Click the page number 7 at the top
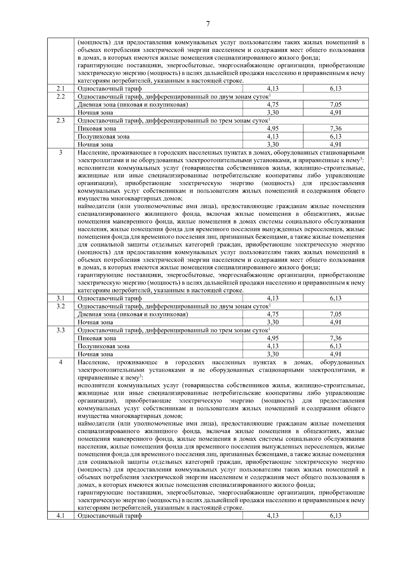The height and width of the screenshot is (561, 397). point(208,24)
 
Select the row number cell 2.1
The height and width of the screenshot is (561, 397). point(61,89)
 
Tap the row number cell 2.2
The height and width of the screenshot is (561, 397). point(61,96)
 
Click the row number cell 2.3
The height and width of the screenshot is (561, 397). point(61,121)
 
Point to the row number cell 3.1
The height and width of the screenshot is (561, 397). point(61,298)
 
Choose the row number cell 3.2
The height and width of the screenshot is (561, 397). point(61,306)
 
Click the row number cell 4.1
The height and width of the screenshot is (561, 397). point(61,516)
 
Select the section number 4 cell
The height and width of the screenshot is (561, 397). point(61,363)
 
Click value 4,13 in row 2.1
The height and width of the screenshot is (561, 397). point(273,89)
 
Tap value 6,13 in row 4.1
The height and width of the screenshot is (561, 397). point(335,516)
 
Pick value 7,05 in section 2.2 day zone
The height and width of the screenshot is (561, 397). point(335,105)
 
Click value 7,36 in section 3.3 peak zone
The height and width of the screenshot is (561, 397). point(335,338)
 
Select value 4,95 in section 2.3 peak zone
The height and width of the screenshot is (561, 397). point(273,129)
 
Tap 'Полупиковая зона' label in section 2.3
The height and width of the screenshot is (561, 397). point(104,137)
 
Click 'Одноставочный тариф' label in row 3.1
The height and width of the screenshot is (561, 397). point(110,298)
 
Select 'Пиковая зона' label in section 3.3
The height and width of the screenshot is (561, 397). point(97,338)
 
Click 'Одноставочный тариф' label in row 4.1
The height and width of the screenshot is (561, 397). point(110,516)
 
